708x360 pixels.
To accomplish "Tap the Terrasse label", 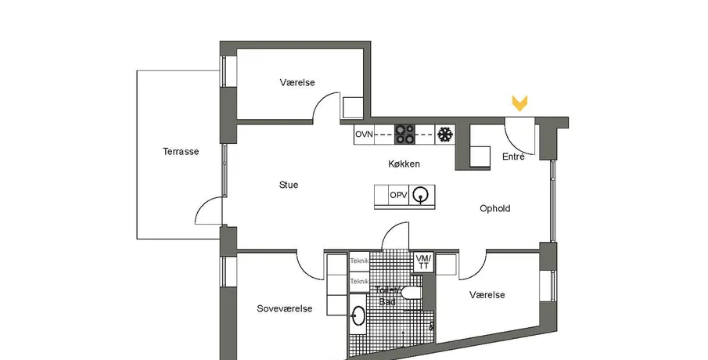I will pos(181,152).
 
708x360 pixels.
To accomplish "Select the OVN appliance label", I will pos(364,135).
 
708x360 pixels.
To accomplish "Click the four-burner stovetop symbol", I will pos(404,135).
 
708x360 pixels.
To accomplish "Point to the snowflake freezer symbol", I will pos(445,135).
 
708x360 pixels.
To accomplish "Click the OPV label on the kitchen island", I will pos(398,195).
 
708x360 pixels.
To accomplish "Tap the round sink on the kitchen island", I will pos(422,195).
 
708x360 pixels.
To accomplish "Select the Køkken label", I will pos(404,164).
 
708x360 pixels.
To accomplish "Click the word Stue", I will pos(289,185).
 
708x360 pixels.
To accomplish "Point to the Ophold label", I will pos(494,209).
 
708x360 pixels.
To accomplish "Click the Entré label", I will pos(513,157).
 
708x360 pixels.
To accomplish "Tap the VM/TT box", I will pos(423,262).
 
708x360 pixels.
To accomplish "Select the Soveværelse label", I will pos(285,309).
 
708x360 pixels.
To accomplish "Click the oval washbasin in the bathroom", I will pos(358,315).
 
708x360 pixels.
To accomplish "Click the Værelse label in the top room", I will pos(297,83).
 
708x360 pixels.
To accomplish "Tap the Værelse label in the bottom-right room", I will pos(487,295).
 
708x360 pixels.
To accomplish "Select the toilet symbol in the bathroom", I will pos(412,293).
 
